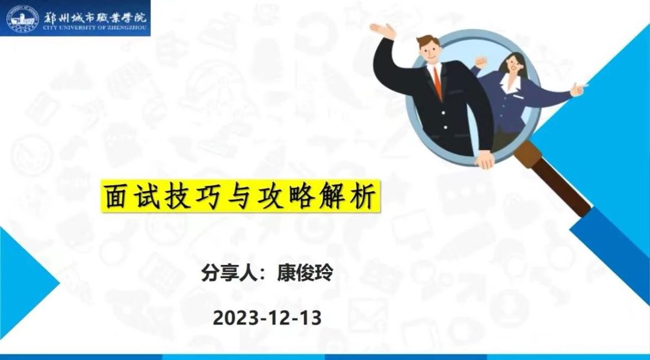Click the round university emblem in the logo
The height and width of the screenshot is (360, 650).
pyautogui.click(x=22, y=17)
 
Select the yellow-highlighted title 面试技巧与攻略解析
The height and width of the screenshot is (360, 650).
pyautogui.click(x=240, y=196)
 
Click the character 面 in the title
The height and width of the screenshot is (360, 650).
pyautogui.click(x=118, y=196)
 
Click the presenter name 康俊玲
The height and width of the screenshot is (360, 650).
pyautogui.click(x=305, y=274)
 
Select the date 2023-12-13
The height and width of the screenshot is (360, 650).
pyautogui.click(x=267, y=318)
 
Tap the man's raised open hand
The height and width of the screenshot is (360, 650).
pyautogui.click(x=383, y=29)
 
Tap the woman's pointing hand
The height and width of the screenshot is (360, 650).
pyautogui.click(x=577, y=89)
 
